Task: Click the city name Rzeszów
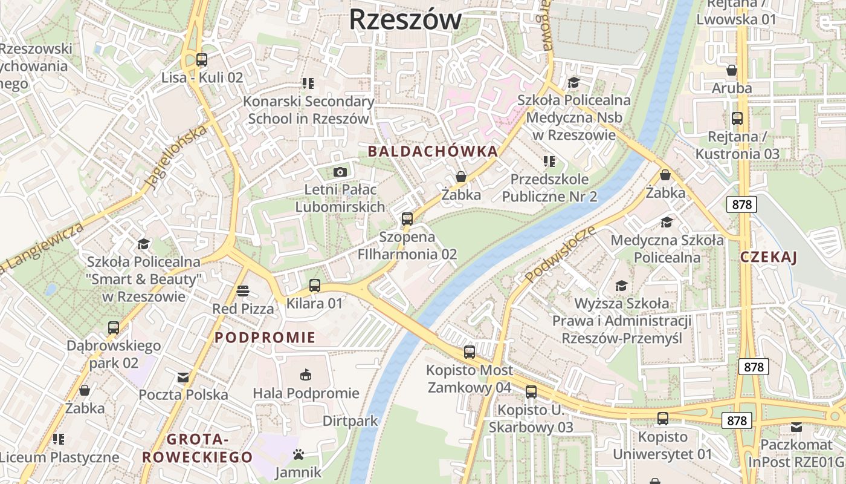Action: point(405,19)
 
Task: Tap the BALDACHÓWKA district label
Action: point(433,151)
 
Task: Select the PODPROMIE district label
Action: point(265,338)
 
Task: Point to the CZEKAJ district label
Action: point(769,257)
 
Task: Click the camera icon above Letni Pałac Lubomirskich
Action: point(340,172)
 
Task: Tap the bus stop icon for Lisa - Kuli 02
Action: point(202,60)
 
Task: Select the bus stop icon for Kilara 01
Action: point(314,286)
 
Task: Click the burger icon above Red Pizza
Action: point(243,291)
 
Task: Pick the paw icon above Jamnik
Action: point(298,454)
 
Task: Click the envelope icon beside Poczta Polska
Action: point(183,378)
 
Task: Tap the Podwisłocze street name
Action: point(560,255)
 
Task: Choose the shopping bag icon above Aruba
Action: point(732,70)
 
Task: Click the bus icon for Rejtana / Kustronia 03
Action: point(737,119)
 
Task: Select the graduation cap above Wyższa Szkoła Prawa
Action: point(621,286)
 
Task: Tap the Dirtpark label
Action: point(350,420)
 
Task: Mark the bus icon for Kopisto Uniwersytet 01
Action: point(663,419)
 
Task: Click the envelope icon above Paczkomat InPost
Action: point(796,427)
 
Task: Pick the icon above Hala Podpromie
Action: point(306,375)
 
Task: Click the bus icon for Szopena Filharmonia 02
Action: point(407,219)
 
